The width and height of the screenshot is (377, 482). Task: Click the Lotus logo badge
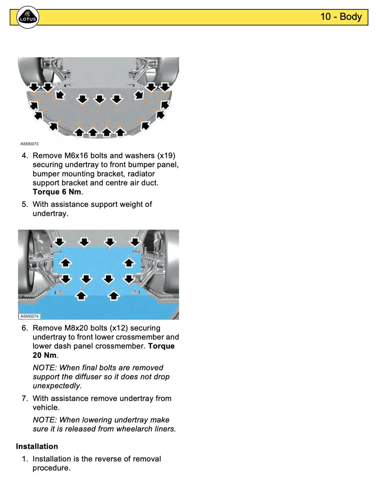point(28,17)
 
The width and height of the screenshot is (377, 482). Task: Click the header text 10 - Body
point(341,17)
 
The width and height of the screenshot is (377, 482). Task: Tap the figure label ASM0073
point(29,144)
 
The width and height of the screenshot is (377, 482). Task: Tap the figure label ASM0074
point(29,316)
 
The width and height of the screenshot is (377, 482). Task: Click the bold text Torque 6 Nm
point(57,192)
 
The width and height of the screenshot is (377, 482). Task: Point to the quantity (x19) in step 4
point(166,155)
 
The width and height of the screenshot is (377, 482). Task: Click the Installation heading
point(37,446)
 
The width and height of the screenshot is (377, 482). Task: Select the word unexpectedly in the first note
point(57,386)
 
